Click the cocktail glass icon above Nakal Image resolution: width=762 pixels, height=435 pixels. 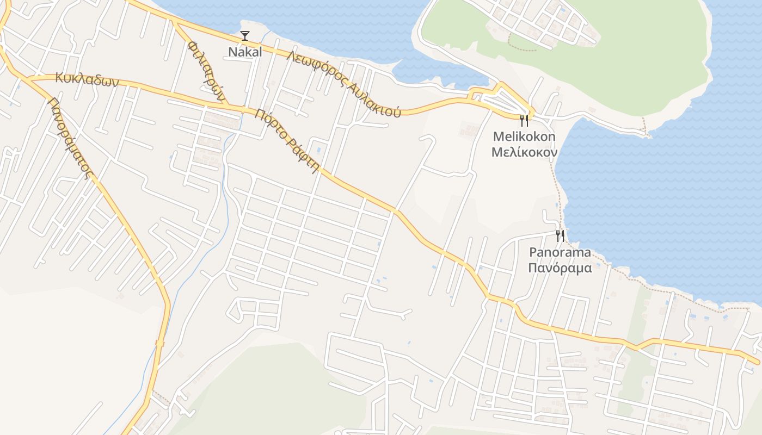[x=245, y=36]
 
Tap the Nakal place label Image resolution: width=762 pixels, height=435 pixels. [x=245, y=52]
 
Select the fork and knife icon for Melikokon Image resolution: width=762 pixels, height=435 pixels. [x=524, y=120]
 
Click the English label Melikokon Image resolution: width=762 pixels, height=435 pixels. [x=524, y=136]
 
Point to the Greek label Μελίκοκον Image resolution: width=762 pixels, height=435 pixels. [x=524, y=152]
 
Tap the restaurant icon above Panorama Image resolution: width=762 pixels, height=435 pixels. [x=560, y=236]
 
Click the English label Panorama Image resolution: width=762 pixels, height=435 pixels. [x=560, y=252]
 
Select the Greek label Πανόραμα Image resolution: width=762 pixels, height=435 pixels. [x=560, y=268]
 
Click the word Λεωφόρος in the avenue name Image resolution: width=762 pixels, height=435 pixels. [x=315, y=69]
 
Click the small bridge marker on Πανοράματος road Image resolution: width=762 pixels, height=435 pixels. [x=159, y=343]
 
